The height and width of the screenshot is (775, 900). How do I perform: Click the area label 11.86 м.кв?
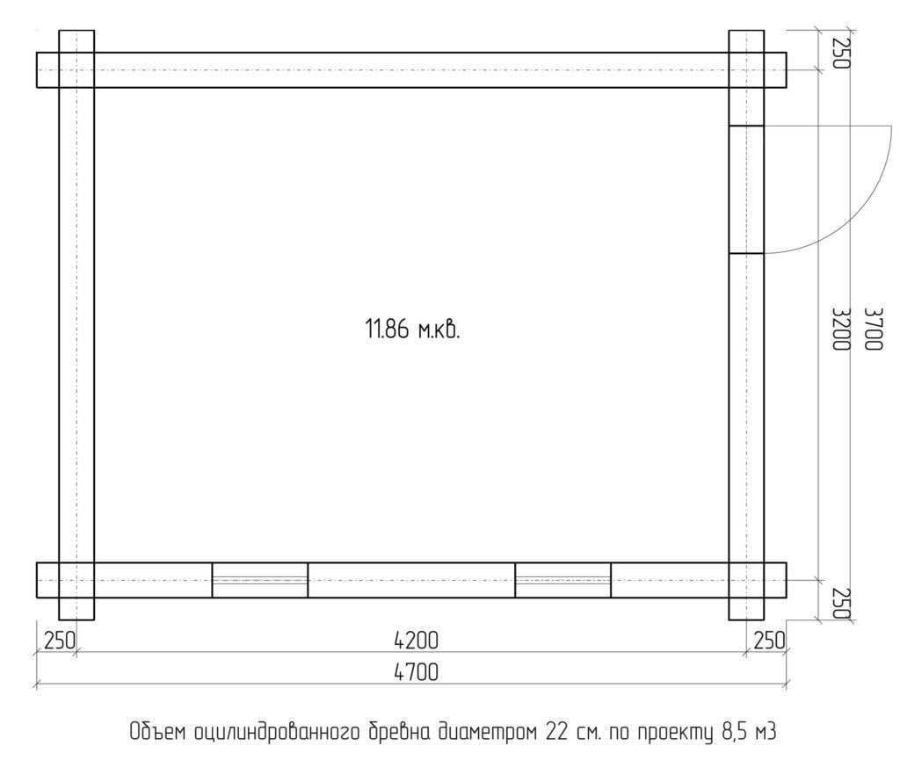(x=413, y=330)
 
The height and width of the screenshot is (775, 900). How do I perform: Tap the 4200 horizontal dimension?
(x=416, y=641)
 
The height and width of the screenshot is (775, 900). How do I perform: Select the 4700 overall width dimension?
(x=416, y=671)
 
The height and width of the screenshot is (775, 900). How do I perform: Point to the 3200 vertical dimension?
(x=841, y=330)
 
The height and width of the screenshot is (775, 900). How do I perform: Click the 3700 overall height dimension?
(x=873, y=330)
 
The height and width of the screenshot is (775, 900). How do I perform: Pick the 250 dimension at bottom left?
(x=60, y=641)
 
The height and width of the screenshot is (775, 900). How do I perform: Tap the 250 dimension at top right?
(x=841, y=53)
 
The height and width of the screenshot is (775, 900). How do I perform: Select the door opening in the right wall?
(x=746, y=189)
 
